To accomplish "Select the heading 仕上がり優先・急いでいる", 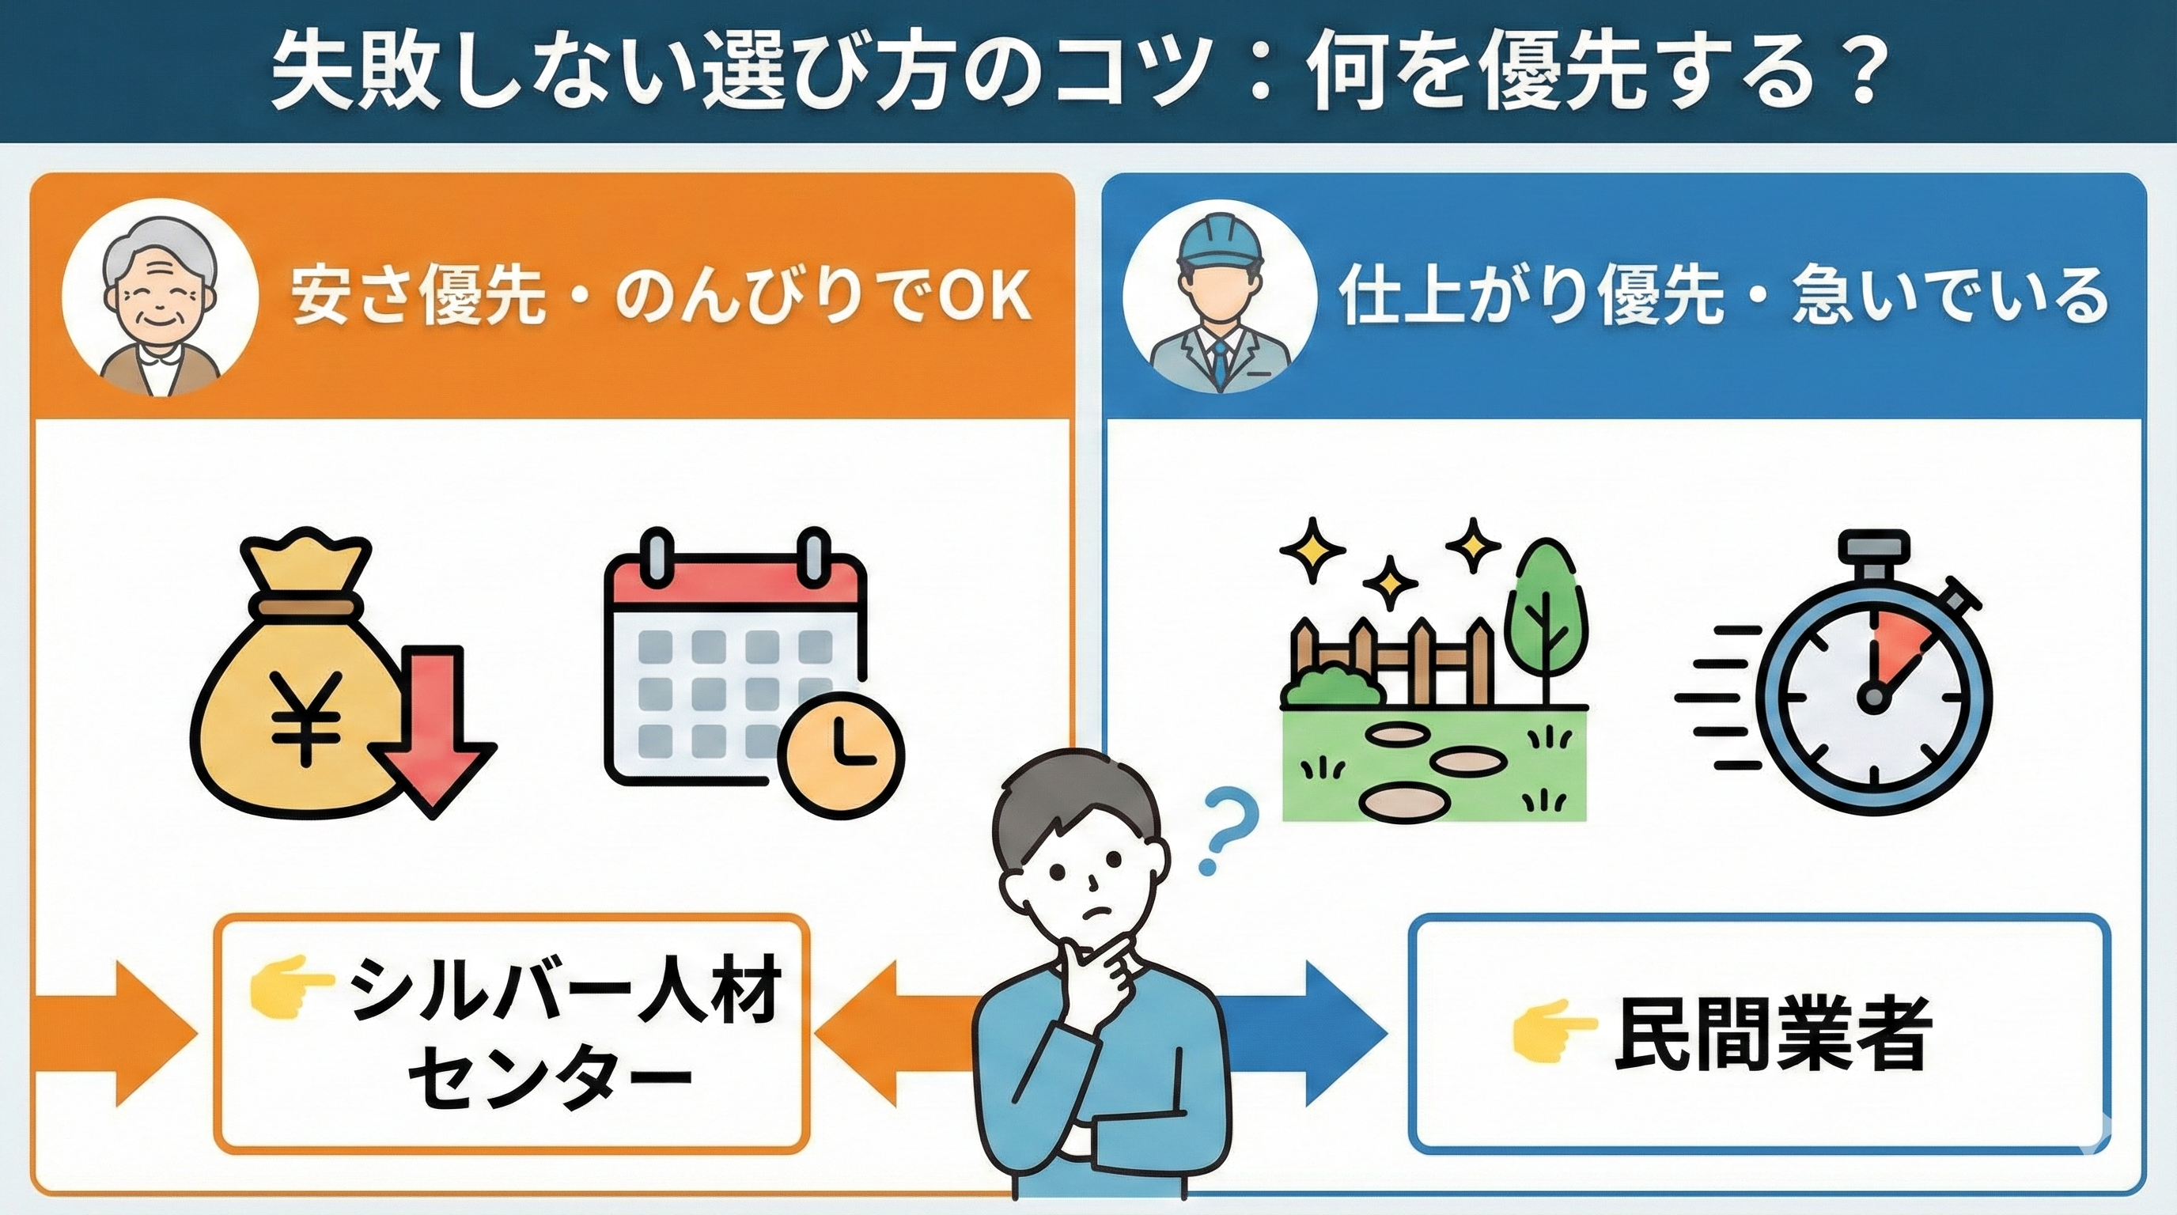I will (x=1721, y=297).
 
